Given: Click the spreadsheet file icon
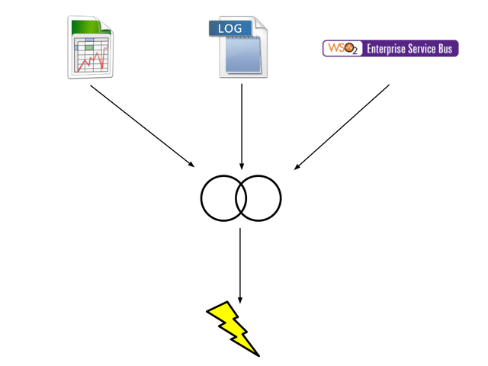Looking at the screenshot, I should [91, 47].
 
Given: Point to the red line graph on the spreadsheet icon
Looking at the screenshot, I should [91, 61].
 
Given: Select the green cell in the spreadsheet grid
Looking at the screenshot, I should [90, 47].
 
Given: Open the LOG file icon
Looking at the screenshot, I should [242, 49].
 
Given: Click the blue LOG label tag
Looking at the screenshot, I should [229, 28].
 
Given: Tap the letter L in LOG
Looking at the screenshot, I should [221, 28].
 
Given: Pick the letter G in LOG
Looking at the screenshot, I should [237, 28].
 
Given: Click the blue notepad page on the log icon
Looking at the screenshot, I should [242, 56].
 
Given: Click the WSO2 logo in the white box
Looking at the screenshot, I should [341, 48].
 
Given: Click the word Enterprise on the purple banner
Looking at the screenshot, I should [385, 49].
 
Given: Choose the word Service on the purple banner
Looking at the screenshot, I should [422, 49].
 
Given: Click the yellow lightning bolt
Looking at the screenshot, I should [231, 326].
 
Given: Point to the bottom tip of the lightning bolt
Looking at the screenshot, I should [252, 350].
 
